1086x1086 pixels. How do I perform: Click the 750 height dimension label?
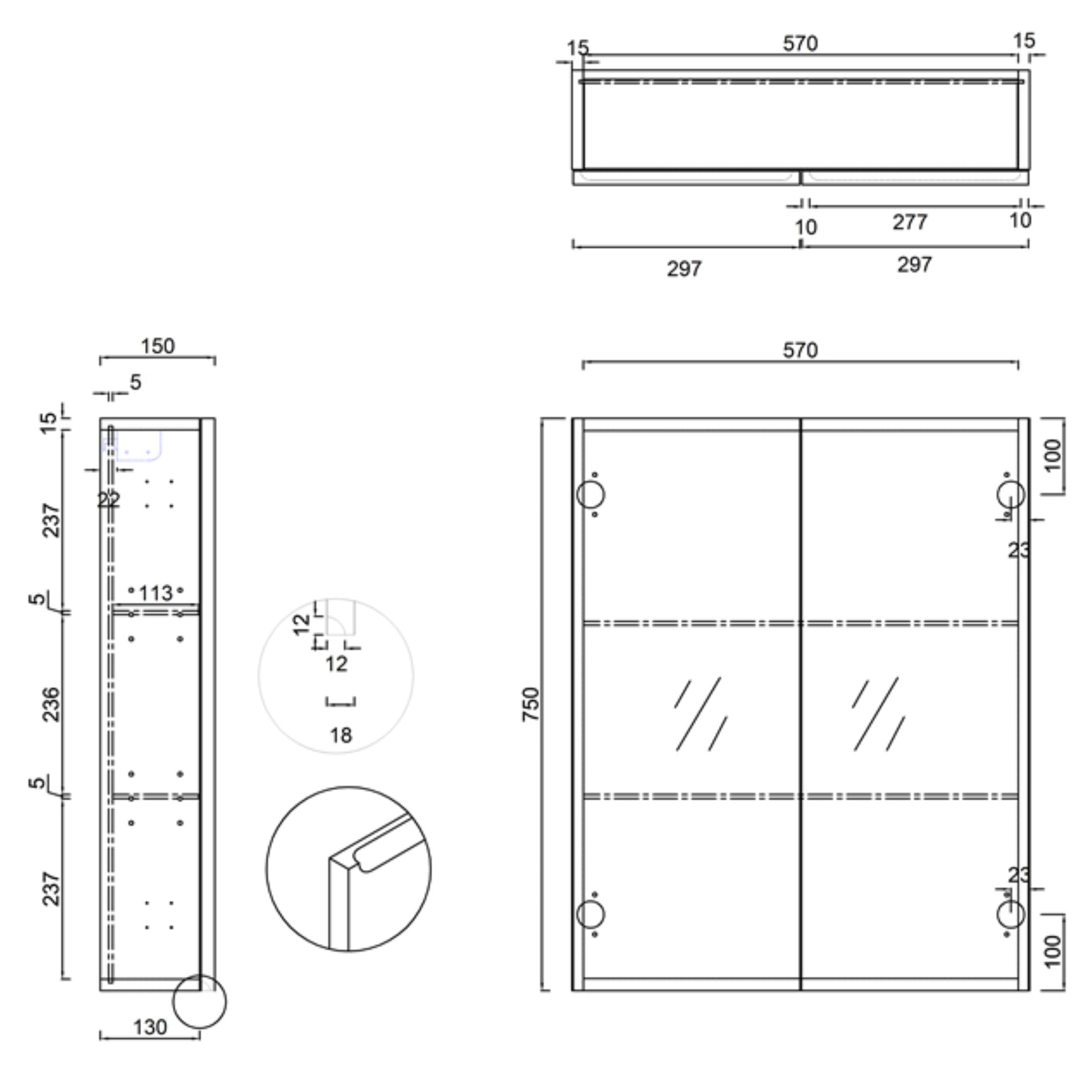click(530, 704)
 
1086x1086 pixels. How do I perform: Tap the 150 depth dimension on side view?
click(157, 346)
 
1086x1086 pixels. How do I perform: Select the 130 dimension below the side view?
click(150, 1027)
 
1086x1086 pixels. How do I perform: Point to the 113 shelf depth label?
click(156, 593)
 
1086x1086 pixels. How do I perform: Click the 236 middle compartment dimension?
click(51, 704)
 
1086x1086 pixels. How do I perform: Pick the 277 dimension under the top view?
click(910, 223)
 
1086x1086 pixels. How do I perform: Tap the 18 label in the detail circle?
click(340, 735)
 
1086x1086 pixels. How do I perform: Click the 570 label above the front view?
click(800, 351)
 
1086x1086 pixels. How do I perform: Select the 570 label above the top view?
click(800, 44)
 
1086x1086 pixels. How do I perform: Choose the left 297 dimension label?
click(684, 269)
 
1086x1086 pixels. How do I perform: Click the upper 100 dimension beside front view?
click(1054, 456)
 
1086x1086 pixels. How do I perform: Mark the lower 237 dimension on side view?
click(51, 889)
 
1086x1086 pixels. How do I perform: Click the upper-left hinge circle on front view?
click(590, 495)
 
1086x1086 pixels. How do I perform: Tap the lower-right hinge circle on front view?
click(1011, 914)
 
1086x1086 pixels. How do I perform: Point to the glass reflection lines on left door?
click(700, 714)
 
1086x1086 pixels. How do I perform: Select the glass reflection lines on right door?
click(878, 714)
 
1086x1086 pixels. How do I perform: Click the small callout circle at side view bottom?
click(199, 1001)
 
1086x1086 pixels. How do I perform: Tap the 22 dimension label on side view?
click(108, 498)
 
